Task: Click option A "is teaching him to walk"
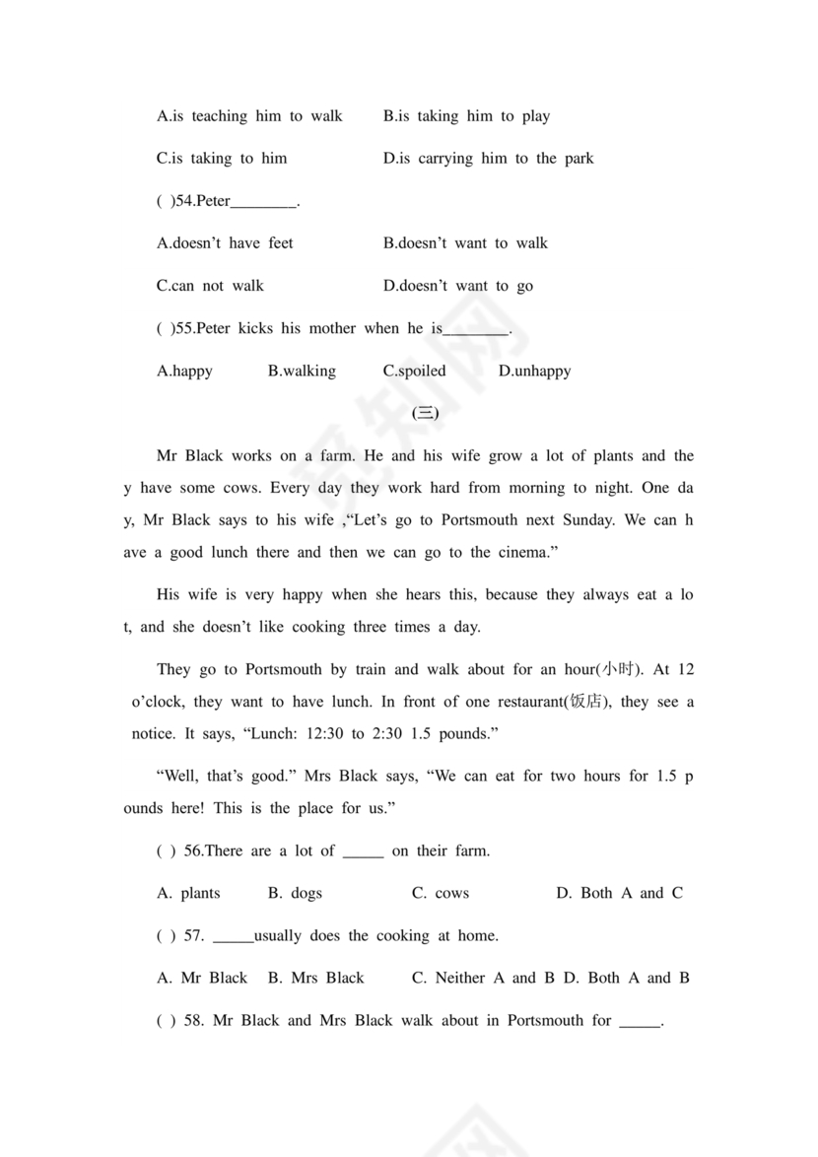[249, 116]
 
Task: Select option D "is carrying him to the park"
[488, 159]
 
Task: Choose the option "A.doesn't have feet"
[225, 243]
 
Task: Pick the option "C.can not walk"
[210, 286]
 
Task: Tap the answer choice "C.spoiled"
[414, 372]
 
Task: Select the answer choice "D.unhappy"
[534, 372]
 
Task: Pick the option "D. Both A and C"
[619, 894]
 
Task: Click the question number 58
[194, 1021]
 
